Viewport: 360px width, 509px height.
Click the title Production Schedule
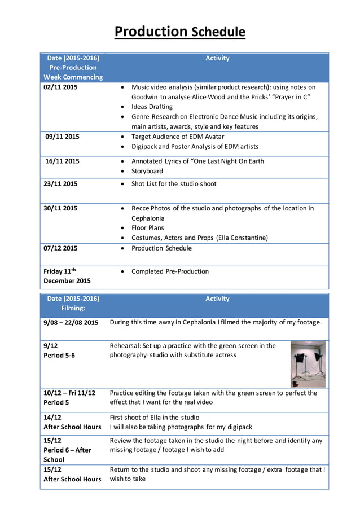[179, 32]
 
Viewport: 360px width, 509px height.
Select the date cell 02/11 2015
[61, 87]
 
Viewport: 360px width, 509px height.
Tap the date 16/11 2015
[62, 161]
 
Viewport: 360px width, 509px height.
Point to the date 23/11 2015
[61, 184]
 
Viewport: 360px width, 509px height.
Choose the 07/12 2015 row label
[61, 248]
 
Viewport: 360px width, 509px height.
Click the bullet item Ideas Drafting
[152, 107]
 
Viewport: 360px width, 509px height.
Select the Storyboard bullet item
[147, 171]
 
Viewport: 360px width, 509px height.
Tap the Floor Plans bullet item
[147, 228]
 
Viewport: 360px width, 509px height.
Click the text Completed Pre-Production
[170, 271]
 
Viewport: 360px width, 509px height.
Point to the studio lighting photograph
[308, 363]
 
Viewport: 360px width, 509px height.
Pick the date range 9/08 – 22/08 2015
[71, 323]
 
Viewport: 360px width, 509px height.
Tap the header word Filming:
[73, 309]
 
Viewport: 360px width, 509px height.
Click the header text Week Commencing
[73, 77]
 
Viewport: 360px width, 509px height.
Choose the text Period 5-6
[59, 356]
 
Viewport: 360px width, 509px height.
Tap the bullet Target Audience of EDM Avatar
[177, 137]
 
